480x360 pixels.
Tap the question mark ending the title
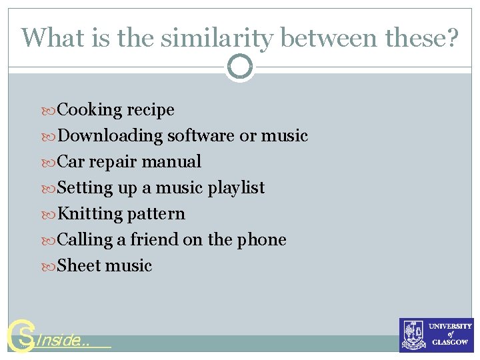click(452, 38)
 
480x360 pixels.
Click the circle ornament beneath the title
click(240, 67)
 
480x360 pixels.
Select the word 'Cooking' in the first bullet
click(90, 110)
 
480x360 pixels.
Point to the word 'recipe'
click(151, 110)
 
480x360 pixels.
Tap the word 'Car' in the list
click(71, 162)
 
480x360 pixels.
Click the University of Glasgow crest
click(413, 335)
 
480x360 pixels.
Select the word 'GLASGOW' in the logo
click(451, 342)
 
